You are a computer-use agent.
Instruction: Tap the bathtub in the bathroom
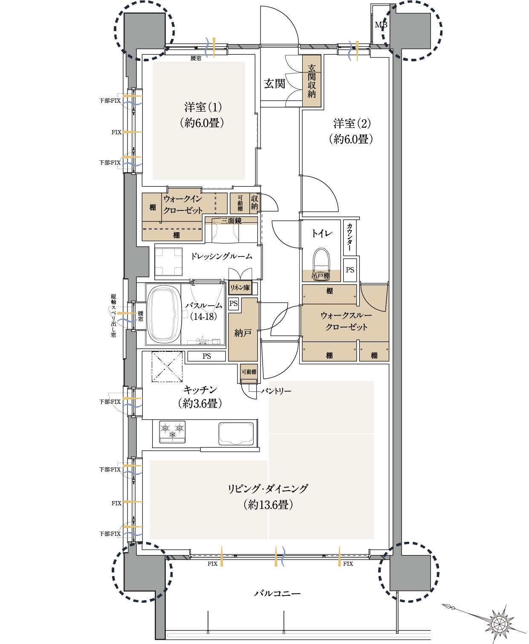click(x=164, y=314)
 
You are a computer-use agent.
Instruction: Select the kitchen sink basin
click(x=236, y=433)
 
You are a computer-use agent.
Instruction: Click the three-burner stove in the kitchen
click(x=172, y=432)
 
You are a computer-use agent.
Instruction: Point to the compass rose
click(x=499, y=622)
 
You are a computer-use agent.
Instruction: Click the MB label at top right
click(x=381, y=25)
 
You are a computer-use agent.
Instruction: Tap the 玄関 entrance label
click(x=275, y=83)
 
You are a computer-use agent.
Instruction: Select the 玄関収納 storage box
click(x=312, y=80)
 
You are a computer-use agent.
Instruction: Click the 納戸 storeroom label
click(x=243, y=333)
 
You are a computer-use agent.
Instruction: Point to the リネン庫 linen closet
click(x=240, y=287)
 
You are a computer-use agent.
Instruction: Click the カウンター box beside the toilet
click(x=350, y=237)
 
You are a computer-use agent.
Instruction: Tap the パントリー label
click(x=276, y=391)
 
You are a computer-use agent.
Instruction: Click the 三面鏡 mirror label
click(x=231, y=221)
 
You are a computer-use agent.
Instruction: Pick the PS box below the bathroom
click(x=207, y=356)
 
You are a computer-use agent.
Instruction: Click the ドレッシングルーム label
click(x=222, y=256)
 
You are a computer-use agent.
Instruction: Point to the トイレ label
click(x=322, y=233)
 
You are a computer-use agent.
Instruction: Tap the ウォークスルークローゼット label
click(x=346, y=321)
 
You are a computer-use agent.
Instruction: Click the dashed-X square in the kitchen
click(x=167, y=367)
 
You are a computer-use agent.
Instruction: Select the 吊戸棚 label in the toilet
click(x=321, y=276)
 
